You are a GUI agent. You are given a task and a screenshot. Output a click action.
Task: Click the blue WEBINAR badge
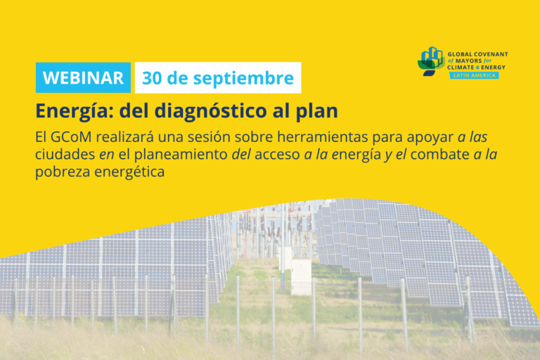[x=83, y=77]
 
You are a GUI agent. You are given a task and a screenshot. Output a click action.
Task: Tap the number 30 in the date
[x=152, y=78]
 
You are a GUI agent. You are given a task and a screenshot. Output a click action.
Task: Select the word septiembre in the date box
[x=243, y=79]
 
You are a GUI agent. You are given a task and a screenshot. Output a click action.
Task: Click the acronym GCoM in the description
[x=71, y=137]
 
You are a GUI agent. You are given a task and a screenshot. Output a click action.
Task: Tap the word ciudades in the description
[x=65, y=154]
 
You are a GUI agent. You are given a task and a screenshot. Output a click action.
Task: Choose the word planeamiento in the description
[x=181, y=155]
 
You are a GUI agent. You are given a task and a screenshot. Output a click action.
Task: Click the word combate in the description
[x=439, y=154]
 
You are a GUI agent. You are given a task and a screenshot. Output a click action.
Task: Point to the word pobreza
[x=63, y=172]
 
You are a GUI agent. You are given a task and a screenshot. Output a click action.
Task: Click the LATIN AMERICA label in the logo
[x=474, y=75]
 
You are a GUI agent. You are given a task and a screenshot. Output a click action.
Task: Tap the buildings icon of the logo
[x=430, y=61]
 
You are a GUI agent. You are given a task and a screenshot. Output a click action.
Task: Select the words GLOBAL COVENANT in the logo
[x=477, y=54]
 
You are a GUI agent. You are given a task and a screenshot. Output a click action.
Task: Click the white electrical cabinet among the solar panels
[x=301, y=277]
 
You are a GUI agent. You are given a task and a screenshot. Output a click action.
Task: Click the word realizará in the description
[x=124, y=137]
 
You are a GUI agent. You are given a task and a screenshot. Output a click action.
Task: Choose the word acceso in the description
[x=277, y=155]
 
